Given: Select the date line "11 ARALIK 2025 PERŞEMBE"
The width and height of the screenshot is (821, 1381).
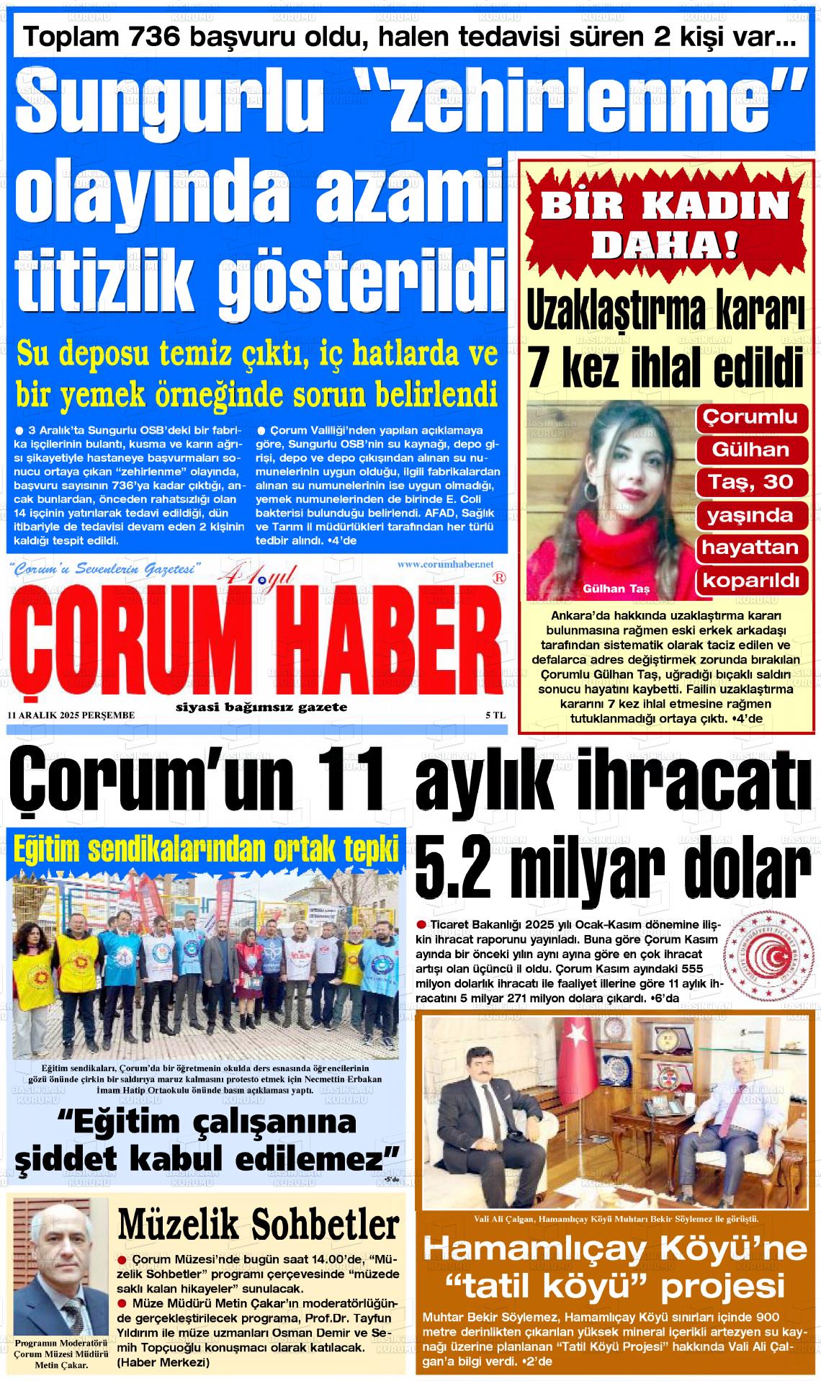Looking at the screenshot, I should pyautogui.click(x=70, y=715).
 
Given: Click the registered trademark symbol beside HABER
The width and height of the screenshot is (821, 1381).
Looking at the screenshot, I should pyautogui.click(x=498, y=578).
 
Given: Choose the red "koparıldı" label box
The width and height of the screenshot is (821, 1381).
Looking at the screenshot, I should pyautogui.click(x=750, y=580).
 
